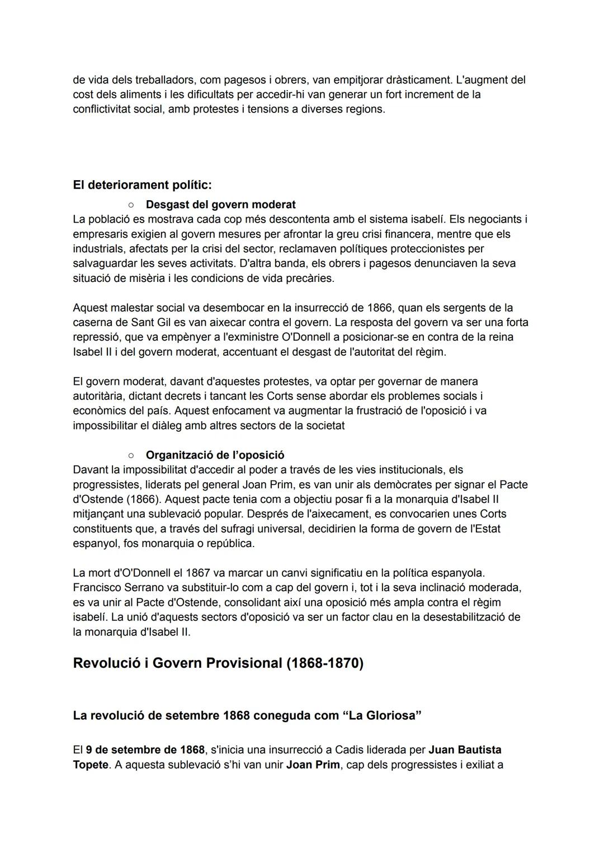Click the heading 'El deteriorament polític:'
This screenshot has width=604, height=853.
pyautogui.click(x=142, y=185)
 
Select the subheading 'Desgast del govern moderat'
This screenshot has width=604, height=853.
pyautogui.click(x=220, y=204)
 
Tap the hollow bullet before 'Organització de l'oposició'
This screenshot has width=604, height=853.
pyautogui.click(x=130, y=455)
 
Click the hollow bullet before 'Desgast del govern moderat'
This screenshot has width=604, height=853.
pyautogui.click(x=130, y=204)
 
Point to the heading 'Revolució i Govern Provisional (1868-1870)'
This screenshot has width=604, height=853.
pyautogui.click(x=218, y=663)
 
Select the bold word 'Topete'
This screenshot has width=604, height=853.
pyautogui.click(x=90, y=764)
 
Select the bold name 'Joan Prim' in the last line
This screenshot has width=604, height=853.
pyautogui.click(x=313, y=764)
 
